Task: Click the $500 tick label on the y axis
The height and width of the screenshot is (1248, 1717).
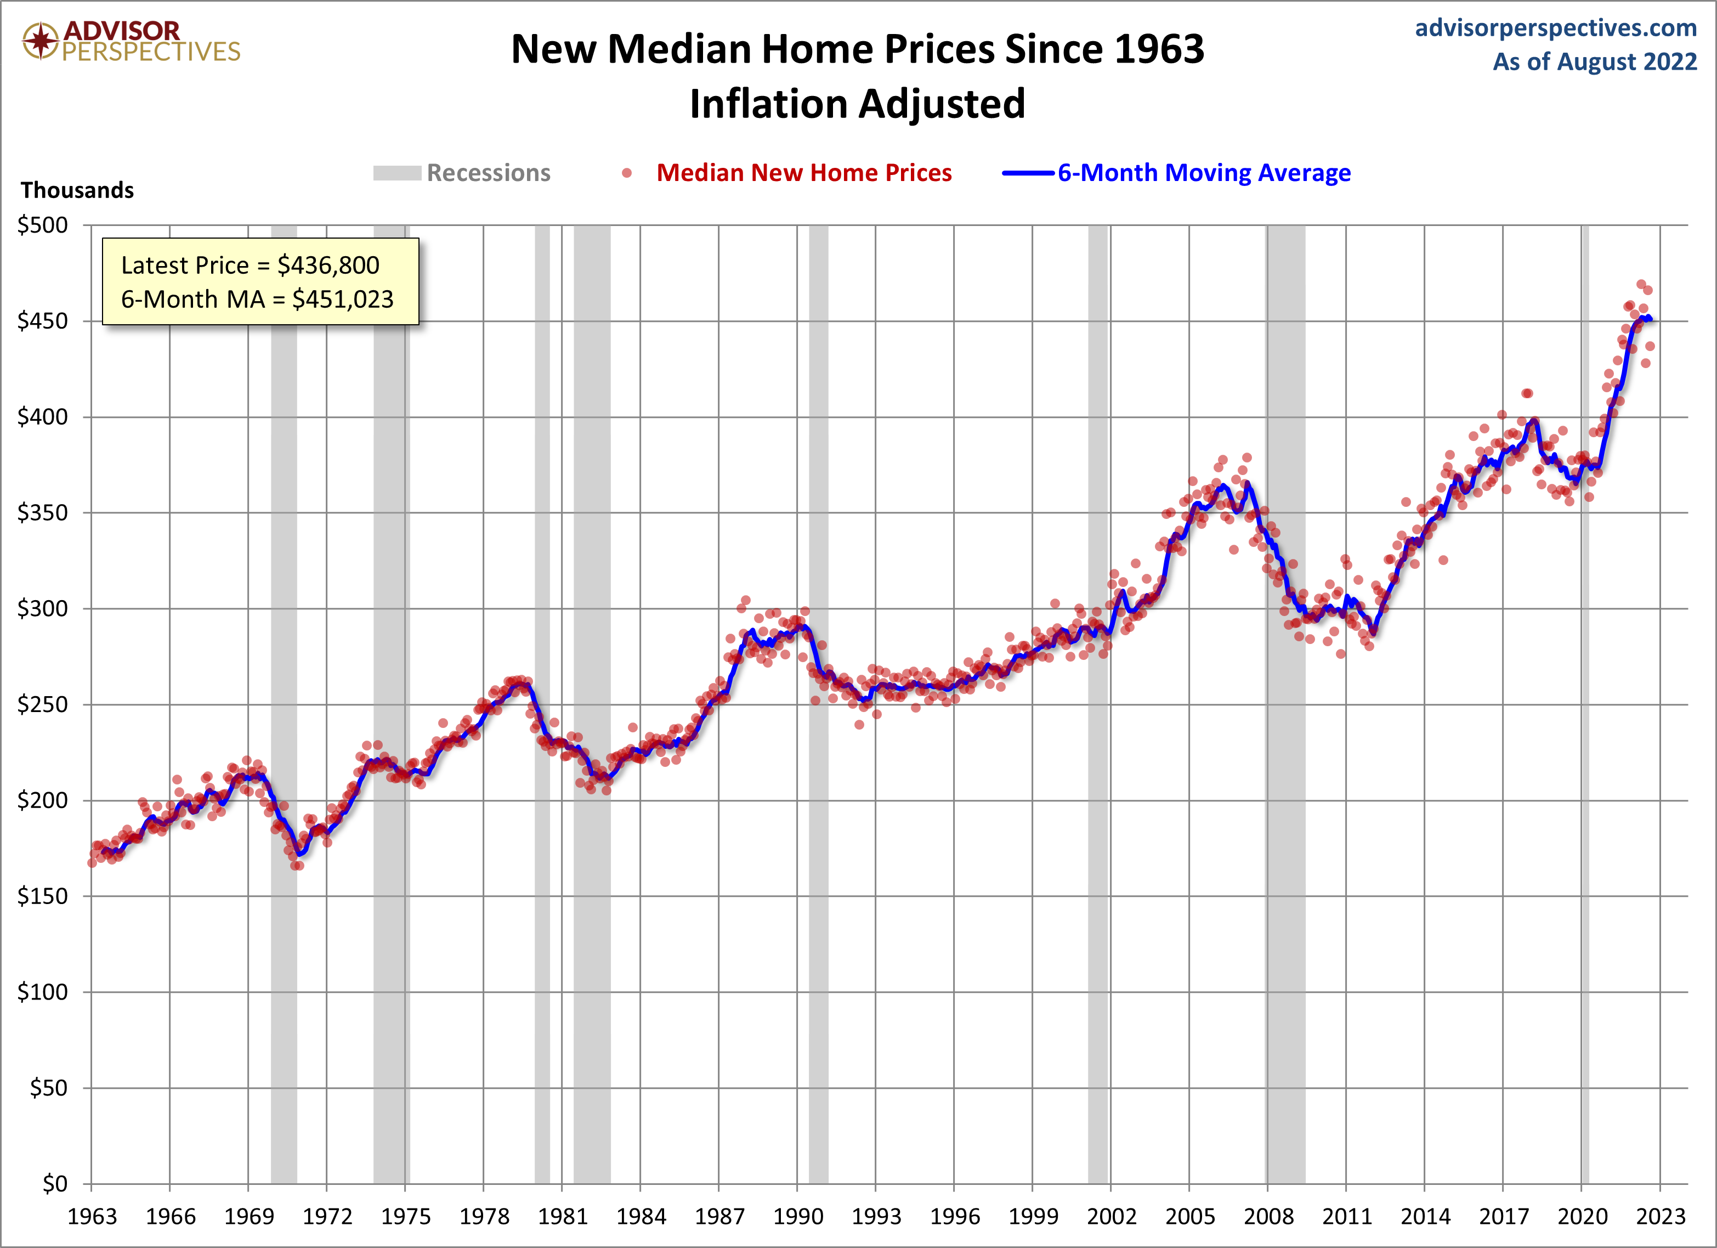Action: click(42, 225)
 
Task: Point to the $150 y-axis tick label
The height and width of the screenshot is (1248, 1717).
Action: click(42, 896)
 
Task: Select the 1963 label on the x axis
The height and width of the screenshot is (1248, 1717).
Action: click(92, 1217)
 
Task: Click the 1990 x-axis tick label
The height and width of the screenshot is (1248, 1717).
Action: click(797, 1217)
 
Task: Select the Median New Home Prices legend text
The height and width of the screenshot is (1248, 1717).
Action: click(803, 173)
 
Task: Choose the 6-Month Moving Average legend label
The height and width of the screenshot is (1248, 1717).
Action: click(1204, 173)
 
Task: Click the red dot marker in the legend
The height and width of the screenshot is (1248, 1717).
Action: click(627, 173)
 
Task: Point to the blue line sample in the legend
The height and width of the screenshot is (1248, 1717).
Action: click(1028, 173)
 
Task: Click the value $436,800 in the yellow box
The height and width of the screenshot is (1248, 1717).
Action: click(328, 266)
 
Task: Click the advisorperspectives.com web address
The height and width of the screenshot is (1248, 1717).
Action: click(1556, 28)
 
